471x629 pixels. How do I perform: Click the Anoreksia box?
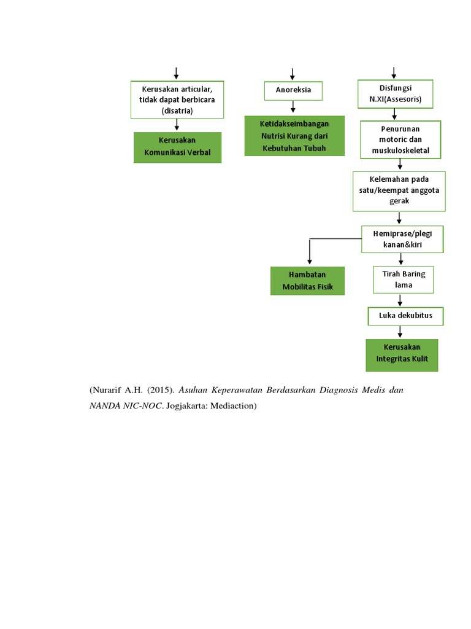pos(293,90)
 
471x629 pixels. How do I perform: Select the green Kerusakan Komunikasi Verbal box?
pos(177,147)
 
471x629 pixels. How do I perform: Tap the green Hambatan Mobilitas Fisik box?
pos(307,281)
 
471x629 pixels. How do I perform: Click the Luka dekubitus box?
pos(405,316)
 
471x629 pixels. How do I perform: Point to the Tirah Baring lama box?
pos(403,279)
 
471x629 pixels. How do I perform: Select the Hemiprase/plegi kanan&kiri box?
pos(402,239)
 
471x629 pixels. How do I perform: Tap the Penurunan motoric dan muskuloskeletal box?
pos(400,140)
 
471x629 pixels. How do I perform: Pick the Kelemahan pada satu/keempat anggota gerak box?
pos(399,191)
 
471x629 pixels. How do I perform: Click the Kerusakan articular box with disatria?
pos(177,100)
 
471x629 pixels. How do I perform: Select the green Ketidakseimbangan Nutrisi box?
pos(294,136)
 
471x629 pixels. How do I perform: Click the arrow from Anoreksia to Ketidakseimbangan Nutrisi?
pos(293,107)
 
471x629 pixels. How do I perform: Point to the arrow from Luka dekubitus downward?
pos(400,332)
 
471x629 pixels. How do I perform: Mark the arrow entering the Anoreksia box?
pos(293,74)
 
